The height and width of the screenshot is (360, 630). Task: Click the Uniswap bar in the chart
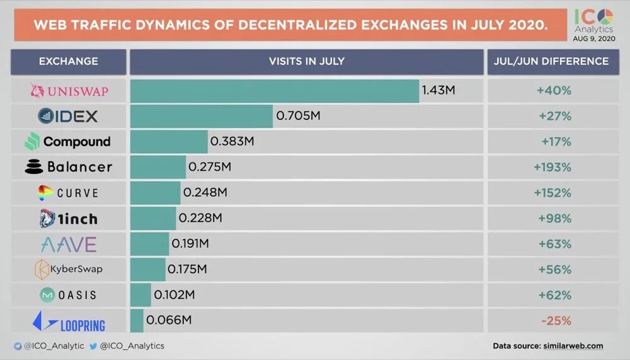pos(275,91)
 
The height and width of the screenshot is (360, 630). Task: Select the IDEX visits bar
pos(202,116)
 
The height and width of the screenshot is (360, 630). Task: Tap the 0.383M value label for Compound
pos(232,142)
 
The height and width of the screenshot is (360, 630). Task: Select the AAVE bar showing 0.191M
pos(150,244)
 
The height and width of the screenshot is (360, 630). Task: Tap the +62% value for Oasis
pos(554,295)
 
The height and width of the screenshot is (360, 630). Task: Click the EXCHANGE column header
pos(69,62)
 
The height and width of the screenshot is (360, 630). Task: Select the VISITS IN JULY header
pos(307,62)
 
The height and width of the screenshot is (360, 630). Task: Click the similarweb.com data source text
pos(572,346)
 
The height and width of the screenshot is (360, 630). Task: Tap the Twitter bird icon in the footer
pos(93,346)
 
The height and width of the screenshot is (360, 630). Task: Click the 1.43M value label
pos(438,91)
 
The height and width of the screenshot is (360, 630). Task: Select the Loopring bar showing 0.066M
pos(137,321)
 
